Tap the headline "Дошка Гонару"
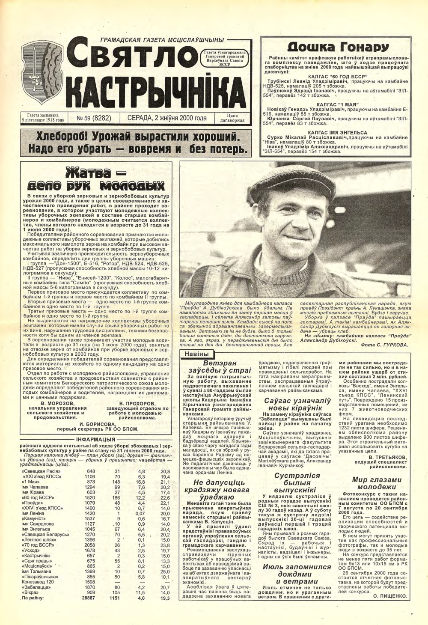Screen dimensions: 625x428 pyautogui.click(x=338, y=47)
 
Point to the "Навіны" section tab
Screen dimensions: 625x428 pyautogui.click(x=196, y=354)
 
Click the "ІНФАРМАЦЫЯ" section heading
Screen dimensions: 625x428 pyautogui.click(x=95, y=440)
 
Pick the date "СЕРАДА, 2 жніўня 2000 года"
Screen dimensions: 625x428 pyautogui.click(x=167, y=118)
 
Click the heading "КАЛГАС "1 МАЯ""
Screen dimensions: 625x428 pyautogui.click(x=338, y=104)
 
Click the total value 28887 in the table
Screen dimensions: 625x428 pyautogui.click(x=89, y=598)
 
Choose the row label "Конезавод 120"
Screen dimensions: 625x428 pyautogui.click(x=38, y=582)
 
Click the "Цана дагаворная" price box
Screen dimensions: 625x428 pyautogui.click(x=232, y=118)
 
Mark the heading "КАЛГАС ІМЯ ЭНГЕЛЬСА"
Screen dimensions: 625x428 pyautogui.click(x=338, y=133)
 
